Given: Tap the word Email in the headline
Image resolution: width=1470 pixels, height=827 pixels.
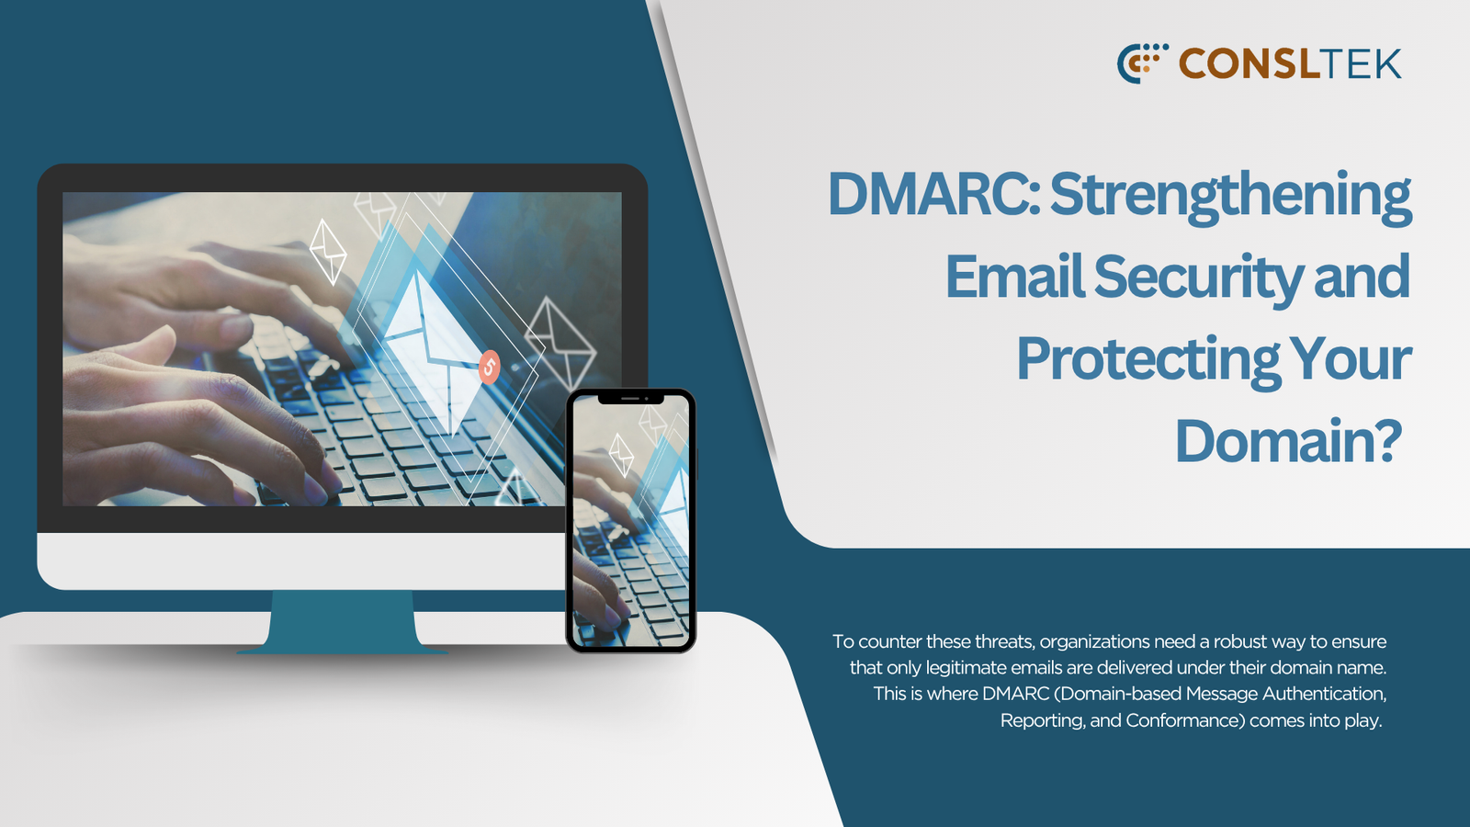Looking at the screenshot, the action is coord(1014,277).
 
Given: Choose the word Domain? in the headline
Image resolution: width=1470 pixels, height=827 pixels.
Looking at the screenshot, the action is coord(1288,441).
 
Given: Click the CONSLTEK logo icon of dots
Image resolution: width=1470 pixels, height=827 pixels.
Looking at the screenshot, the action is coord(1143,63).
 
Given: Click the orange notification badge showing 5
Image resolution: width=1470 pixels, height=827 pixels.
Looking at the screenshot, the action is coord(489,368).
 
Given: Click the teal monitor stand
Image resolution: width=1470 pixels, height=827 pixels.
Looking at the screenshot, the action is coord(342,621).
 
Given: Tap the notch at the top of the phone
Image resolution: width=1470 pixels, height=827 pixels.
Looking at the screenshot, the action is coord(630,399).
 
